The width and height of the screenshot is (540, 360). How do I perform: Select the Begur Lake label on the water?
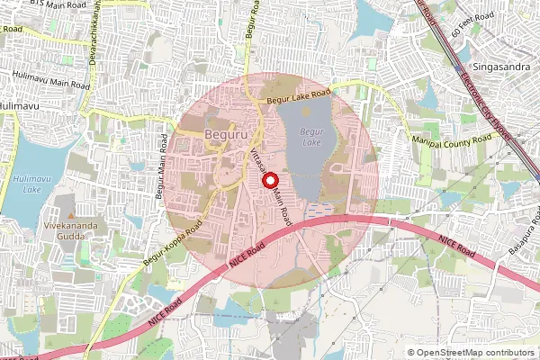click(311, 136)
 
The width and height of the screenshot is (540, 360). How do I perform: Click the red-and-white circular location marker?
click(269, 180)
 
